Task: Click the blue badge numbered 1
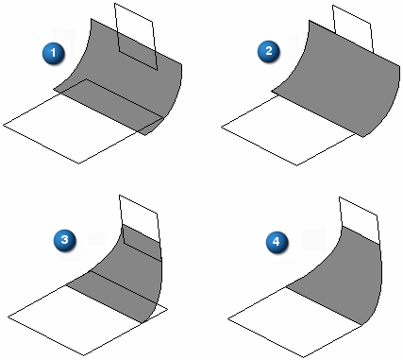pyautogui.click(x=54, y=53)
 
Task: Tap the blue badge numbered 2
pyautogui.click(x=269, y=51)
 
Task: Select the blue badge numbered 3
pyautogui.click(x=64, y=240)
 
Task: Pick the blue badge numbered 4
pyautogui.click(x=277, y=242)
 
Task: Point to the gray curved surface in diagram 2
pyautogui.click(x=340, y=77)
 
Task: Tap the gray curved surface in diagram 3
pyautogui.click(x=126, y=274)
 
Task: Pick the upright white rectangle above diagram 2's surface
pyautogui.click(x=353, y=26)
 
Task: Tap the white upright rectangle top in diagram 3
pyautogui.click(x=139, y=217)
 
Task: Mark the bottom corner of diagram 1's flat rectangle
pyautogui.click(x=78, y=163)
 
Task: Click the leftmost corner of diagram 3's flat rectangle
pyautogui.click(x=8, y=317)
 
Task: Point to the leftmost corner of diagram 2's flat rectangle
pyautogui.click(x=221, y=127)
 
